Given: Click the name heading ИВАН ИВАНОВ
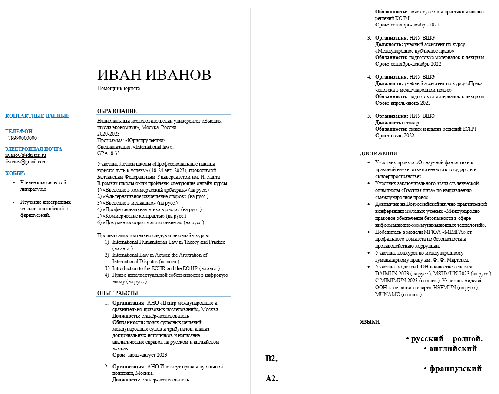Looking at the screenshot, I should tap(154, 75).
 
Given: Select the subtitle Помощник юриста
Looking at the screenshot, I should tap(119, 89).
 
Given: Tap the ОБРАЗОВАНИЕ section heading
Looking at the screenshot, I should tap(117, 111).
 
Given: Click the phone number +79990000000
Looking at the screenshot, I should tap(21, 138).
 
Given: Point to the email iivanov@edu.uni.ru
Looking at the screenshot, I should tap(26, 155).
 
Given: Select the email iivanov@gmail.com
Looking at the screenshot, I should tap(26, 162).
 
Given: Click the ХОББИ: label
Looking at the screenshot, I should tap(15, 173).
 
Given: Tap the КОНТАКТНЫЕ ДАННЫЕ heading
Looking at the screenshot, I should tap(37, 116).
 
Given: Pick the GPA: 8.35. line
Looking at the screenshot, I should tap(109, 153).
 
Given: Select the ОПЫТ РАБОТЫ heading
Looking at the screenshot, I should tap(117, 293).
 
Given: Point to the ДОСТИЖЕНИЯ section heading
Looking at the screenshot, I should tap(378, 153).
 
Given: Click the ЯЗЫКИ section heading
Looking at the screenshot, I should tap(370, 322).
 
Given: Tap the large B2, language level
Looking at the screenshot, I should tap(271, 358).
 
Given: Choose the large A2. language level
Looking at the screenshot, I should tap(271, 378).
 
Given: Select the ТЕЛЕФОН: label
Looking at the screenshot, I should tap(19, 132).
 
